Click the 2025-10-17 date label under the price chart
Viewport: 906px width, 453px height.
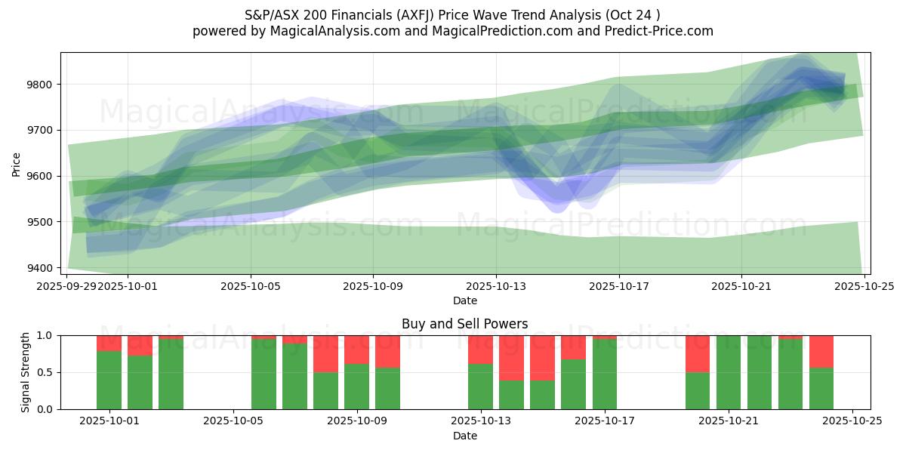618,286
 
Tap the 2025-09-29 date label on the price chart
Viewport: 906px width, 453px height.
66,286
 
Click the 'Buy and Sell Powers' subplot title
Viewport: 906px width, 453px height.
464,324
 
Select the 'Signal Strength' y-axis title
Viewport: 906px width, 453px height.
26,372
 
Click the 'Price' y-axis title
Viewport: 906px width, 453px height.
17,164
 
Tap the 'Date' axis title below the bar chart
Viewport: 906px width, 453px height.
464,436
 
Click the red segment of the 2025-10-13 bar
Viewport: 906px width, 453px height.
480,350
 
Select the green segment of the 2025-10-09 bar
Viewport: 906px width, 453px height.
356,387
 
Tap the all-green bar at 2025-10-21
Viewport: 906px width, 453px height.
728,372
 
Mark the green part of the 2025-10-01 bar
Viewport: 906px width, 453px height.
109,380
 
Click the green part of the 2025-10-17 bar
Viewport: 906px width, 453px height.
604,374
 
